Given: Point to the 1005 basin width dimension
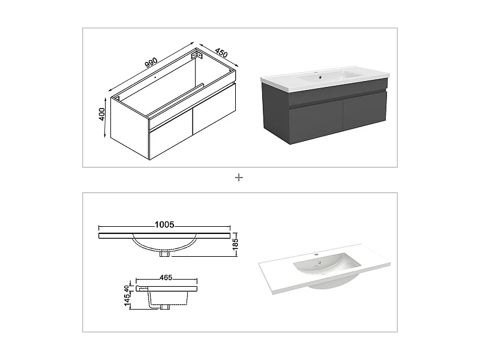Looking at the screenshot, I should tap(164, 225).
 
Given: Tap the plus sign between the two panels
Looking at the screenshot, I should tap(239, 177).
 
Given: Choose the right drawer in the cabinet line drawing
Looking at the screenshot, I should tap(214, 115).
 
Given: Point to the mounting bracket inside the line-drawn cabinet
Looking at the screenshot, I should tap(197, 56).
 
